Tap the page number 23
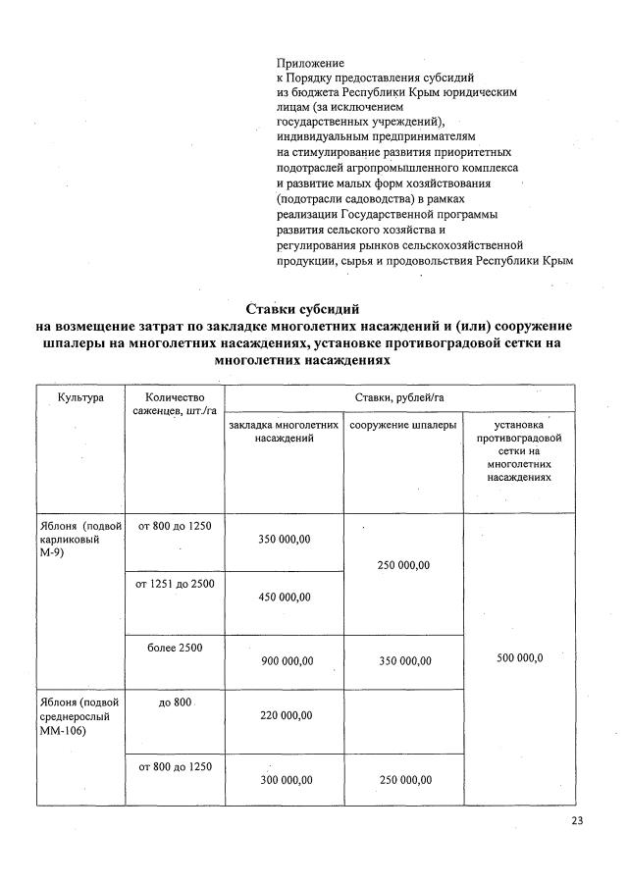[576, 821]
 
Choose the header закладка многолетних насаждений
[284, 432]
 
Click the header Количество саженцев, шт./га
[174, 404]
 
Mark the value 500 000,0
[519, 658]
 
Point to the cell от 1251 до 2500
[174, 585]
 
